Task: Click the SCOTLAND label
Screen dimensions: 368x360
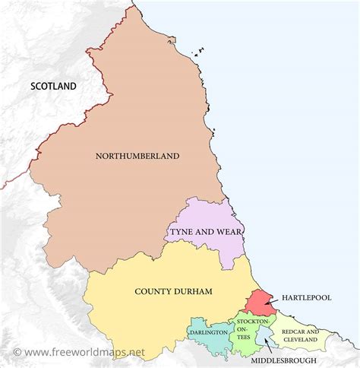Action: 53,86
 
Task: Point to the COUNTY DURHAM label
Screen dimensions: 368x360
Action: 173,291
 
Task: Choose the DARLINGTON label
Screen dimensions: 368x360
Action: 209,333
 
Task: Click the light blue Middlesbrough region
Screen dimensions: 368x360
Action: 263,334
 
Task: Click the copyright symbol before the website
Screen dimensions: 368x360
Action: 17,353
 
